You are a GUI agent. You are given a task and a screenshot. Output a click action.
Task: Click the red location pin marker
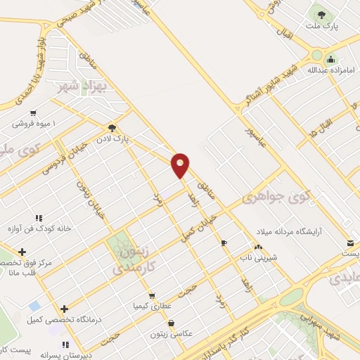tap(181, 165)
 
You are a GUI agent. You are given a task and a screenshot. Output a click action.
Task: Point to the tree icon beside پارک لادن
tap(112, 127)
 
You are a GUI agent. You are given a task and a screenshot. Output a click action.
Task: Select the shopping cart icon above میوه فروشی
tap(33, 112)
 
